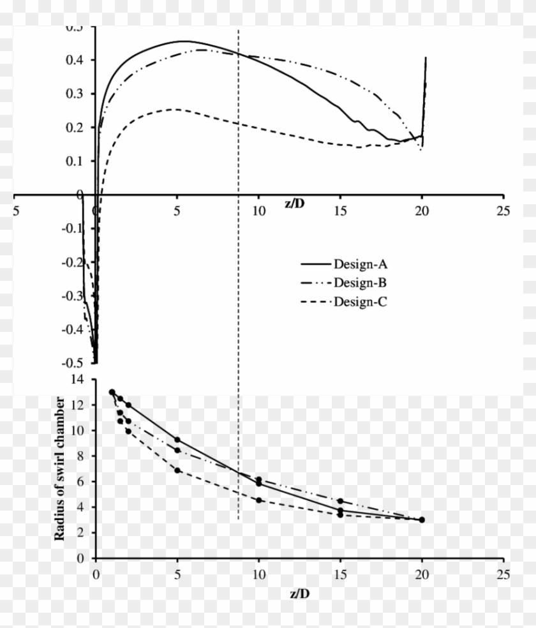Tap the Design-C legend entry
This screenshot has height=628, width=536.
click(x=359, y=302)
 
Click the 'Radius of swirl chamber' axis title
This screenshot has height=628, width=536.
click(x=60, y=468)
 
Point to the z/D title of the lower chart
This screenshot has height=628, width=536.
click(x=299, y=592)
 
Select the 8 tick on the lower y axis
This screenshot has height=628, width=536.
click(x=82, y=456)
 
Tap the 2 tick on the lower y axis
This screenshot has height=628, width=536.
click(x=82, y=533)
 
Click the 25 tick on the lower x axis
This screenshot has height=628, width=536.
click(x=503, y=572)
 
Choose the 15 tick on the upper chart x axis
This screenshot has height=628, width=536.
click(x=340, y=210)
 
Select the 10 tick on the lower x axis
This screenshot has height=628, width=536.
click(x=258, y=572)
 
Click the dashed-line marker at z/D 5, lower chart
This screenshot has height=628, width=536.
click(x=177, y=470)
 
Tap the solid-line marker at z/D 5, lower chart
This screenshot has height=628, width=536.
click(x=177, y=440)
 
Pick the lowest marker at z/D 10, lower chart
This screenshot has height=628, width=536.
click(x=258, y=500)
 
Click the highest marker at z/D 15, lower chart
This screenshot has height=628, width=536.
click(x=340, y=501)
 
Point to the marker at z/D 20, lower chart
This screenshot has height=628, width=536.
click(x=422, y=520)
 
